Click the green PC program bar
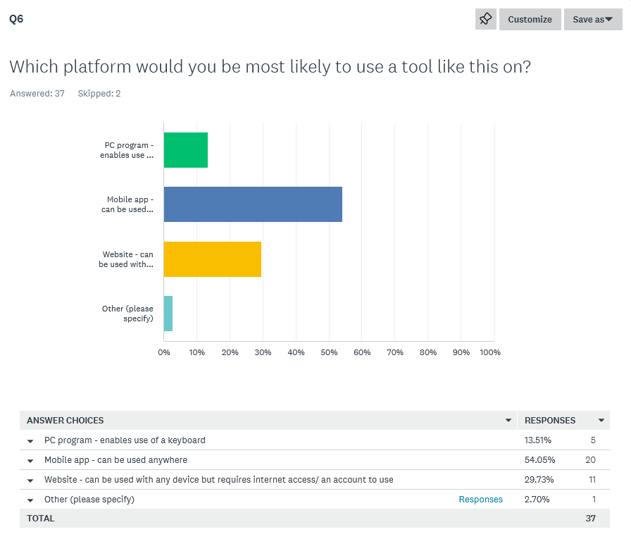pos(186,150)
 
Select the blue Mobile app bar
pos(253,204)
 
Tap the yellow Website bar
pos(213,259)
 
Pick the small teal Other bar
pos(168,314)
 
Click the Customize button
pos(530,20)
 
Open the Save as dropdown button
pos(592,20)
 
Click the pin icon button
pos(486,20)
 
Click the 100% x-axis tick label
pos(489,352)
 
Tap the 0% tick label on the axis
pos(164,352)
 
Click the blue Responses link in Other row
pos(481,500)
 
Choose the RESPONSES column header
pos(550,421)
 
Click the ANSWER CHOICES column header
pos(65,421)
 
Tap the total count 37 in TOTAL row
pos(590,519)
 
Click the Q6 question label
pos(16,19)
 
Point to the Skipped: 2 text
pos(99,94)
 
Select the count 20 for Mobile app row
pos(590,460)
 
